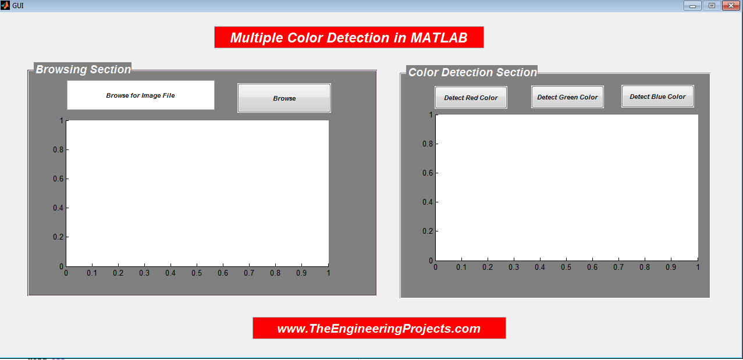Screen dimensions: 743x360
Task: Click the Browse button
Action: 284,98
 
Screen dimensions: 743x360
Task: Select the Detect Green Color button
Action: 567,97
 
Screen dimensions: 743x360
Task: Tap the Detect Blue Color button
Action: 657,97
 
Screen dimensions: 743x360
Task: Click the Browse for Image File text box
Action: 141,95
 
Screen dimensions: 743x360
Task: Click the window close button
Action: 731,6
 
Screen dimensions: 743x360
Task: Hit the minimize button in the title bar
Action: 692,6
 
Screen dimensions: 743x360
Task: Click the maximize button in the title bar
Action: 712,6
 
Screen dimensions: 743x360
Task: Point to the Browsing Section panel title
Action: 83,69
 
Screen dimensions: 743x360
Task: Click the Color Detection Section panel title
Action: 472,72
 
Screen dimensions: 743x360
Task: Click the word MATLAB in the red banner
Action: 439,38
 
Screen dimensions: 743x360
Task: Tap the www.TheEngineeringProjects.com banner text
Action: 379,329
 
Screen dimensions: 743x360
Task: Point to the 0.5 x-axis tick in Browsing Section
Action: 197,273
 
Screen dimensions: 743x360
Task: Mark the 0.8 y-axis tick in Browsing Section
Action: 58,150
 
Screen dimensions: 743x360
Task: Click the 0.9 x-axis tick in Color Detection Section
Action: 671,267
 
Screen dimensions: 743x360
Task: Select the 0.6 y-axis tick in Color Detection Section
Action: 428,173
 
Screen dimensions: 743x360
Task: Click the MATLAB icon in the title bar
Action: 5,5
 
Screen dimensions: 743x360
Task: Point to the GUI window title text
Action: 18,6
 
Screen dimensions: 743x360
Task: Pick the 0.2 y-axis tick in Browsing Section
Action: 58,237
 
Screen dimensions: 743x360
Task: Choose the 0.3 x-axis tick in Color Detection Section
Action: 514,267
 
